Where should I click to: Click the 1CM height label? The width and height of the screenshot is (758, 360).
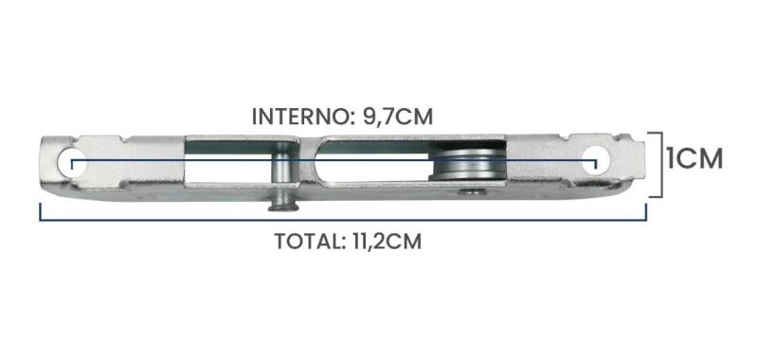click(695, 158)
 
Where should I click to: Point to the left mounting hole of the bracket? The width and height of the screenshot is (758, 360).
click(69, 162)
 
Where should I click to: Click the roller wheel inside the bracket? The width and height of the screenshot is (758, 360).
click(466, 165)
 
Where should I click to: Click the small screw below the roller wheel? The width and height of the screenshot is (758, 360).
click(466, 193)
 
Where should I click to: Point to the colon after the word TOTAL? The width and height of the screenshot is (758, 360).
click(338, 242)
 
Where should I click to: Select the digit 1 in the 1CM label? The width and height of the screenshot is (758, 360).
click(673, 158)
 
